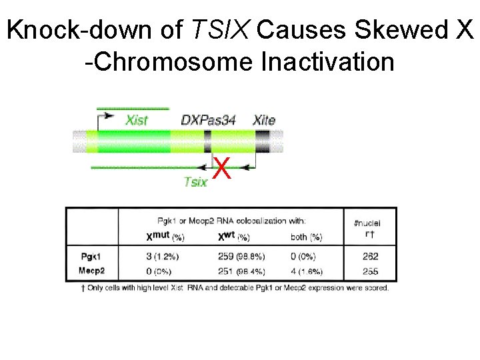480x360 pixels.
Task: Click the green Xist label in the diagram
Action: tap(137, 121)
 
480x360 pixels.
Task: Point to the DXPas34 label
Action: tap(209, 121)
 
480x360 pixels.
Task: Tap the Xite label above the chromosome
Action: tap(264, 121)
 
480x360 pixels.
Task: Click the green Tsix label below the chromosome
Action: tap(195, 182)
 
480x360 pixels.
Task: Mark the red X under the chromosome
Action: tap(223, 171)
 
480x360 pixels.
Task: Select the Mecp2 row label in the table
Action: tap(93, 271)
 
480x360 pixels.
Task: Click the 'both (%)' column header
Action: tap(306, 237)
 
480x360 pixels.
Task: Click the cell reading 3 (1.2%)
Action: tap(163, 257)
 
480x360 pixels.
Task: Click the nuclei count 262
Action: tap(371, 257)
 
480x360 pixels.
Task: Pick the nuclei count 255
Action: tap(371, 271)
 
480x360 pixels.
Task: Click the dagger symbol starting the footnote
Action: tap(82, 287)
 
